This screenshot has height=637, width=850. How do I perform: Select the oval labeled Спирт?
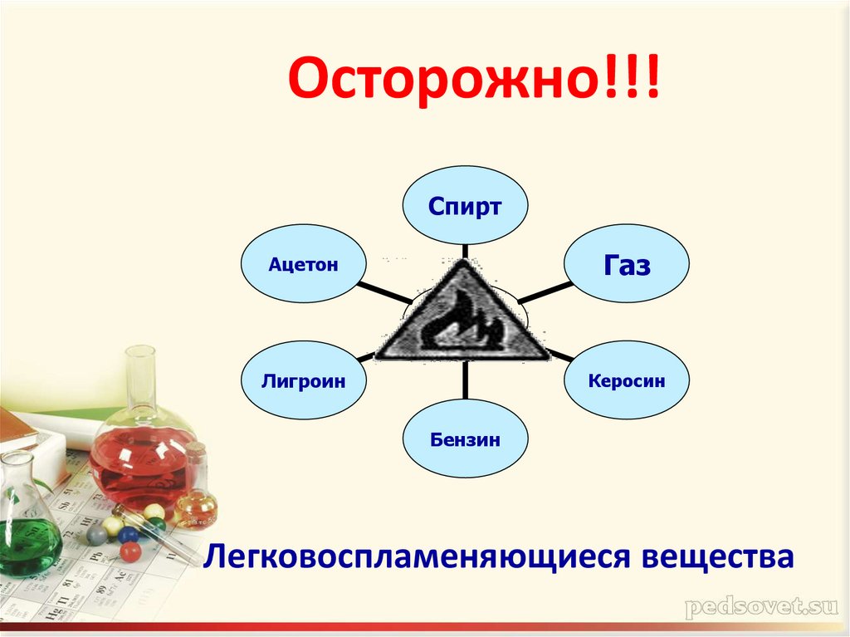[465, 206]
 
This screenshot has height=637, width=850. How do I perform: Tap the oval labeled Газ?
[627, 265]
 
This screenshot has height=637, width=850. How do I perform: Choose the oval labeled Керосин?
[627, 380]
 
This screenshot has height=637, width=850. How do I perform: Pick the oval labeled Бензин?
[465, 439]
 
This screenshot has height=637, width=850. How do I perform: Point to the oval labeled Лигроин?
[303, 380]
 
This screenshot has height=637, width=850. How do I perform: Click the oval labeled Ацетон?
[303, 264]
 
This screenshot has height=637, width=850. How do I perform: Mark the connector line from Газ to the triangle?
[541, 292]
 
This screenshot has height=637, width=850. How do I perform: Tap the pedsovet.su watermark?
[759, 608]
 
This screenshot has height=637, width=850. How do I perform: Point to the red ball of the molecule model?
[129, 551]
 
